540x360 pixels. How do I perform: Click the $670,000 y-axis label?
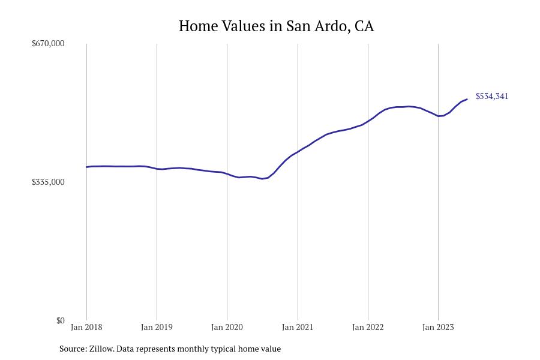tap(48, 43)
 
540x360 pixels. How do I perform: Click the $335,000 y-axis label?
tap(48, 182)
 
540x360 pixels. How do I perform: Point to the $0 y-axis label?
tap(60, 320)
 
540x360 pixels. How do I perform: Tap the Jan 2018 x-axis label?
tap(86, 327)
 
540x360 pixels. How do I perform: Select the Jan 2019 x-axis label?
tap(157, 327)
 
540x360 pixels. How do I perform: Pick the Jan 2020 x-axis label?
tap(227, 327)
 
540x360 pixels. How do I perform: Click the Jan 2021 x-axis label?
tap(298, 327)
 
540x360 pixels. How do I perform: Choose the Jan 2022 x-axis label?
tap(368, 327)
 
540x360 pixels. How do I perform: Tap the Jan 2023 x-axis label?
tap(438, 327)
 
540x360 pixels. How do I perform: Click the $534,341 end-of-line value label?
tap(492, 96)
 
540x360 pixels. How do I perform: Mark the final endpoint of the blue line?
tap(467, 100)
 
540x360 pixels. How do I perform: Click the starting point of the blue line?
tap(86, 167)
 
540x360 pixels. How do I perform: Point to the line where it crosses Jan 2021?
tap(298, 152)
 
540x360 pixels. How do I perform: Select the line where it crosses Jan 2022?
tap(368, 121)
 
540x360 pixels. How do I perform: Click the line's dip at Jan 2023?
tap(439, 116)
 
